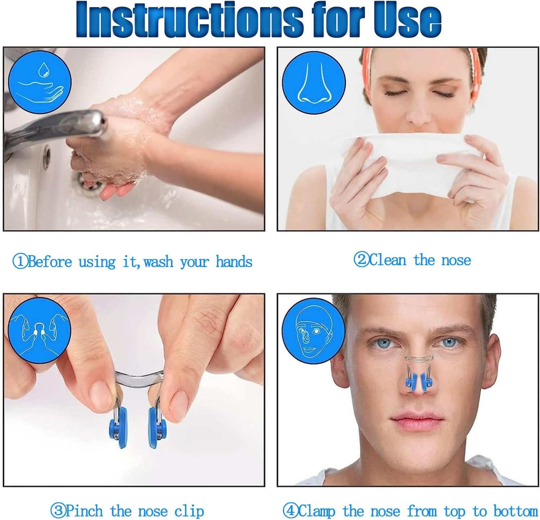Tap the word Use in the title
[x=407, y=19]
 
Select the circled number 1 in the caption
[x=20, y=262]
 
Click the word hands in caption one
[x=234, y=262]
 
